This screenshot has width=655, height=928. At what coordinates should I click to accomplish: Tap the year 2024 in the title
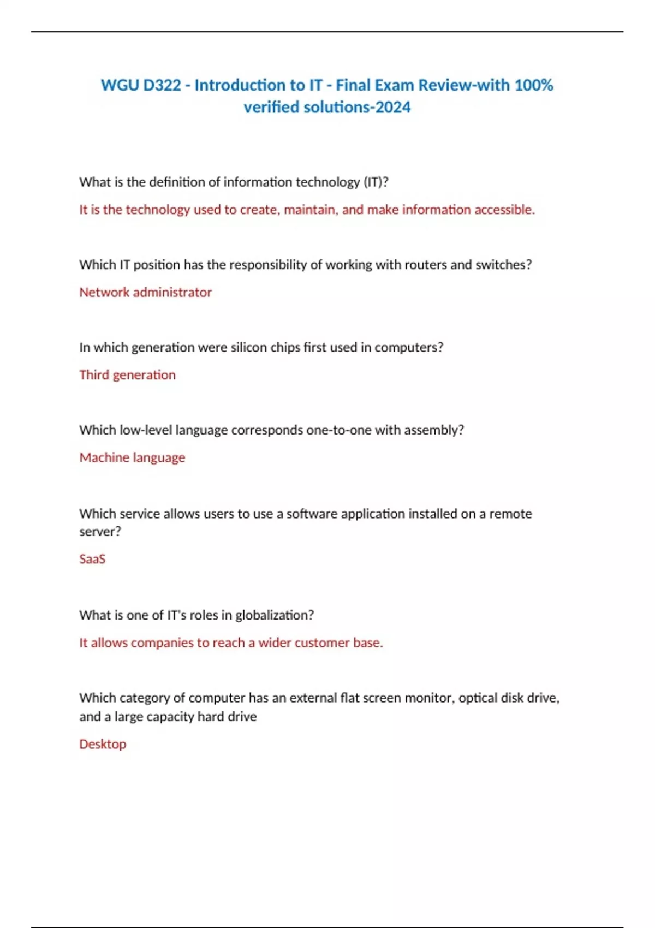(x=393, y=108)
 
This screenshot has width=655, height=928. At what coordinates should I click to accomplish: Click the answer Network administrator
(x=145, y=293)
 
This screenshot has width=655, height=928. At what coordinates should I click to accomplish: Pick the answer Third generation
(x=127, y=375)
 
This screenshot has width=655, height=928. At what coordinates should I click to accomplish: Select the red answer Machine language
(x=132, y=457)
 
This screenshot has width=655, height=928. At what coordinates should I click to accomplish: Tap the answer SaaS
(x=92, y=559)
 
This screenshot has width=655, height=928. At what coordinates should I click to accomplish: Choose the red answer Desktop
(x=103, y=744)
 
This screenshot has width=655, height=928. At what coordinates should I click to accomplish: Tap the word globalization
(x=274, y=615)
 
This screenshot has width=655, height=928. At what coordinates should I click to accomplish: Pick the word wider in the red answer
(x=275, y=643)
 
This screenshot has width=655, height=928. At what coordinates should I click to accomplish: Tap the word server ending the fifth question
(x=100, y=532)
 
